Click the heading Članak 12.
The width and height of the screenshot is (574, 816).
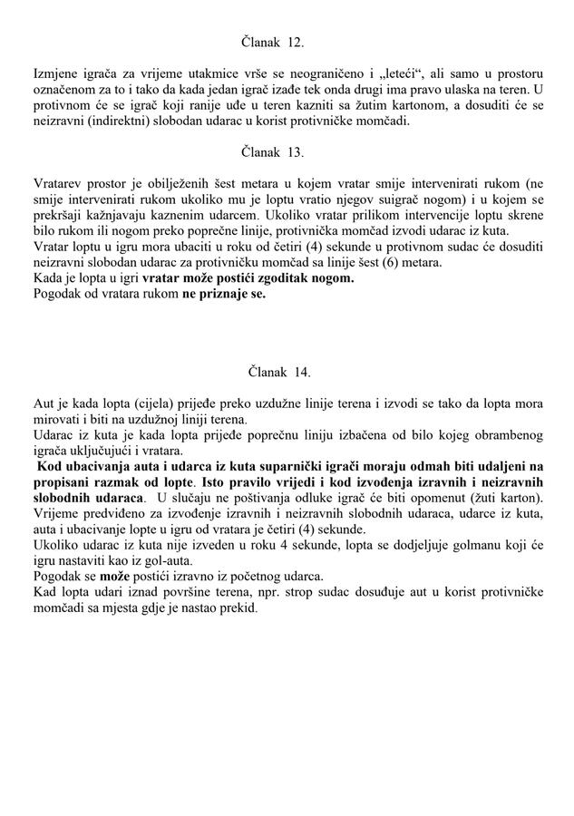(273, 42)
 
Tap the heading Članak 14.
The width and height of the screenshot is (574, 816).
(279, 372)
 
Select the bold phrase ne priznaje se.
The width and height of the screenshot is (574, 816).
(224, 294)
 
